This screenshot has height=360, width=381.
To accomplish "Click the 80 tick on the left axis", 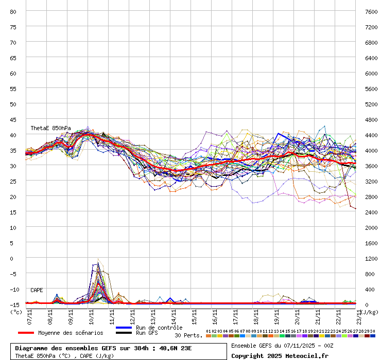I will coord(13,11).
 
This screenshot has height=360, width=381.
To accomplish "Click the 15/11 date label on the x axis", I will coord(195,315).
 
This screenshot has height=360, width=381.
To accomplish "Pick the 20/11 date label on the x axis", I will coord(298,315).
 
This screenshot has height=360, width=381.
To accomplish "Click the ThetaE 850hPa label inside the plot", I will coord(51,128).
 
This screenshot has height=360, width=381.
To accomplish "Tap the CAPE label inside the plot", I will coord(37,291).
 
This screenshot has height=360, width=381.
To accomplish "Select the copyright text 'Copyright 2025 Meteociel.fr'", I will coord(280,355).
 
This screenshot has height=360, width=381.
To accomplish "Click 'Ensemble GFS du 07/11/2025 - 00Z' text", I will coord(283,346).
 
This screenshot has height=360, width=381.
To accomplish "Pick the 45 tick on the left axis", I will coord(13,119).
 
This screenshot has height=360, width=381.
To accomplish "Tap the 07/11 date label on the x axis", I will coord(30,315).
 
